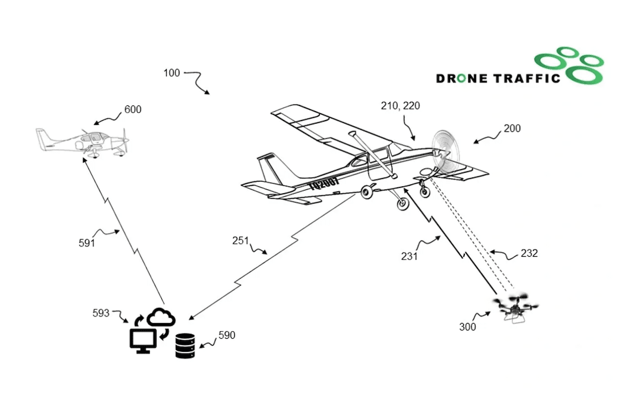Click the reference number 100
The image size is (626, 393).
172,73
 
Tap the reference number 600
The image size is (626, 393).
133,110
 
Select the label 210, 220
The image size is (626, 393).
400,106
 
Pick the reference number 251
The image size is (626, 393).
241,241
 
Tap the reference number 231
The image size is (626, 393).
410,256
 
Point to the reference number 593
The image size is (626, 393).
101,313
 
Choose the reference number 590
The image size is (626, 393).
226,335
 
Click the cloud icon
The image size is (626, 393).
161,317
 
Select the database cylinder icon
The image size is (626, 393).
185,346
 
